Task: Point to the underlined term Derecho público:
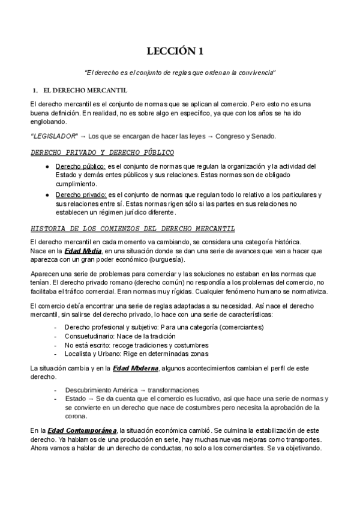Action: click(x=80, y=166)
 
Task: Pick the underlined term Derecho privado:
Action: click(x=81, y=194)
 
